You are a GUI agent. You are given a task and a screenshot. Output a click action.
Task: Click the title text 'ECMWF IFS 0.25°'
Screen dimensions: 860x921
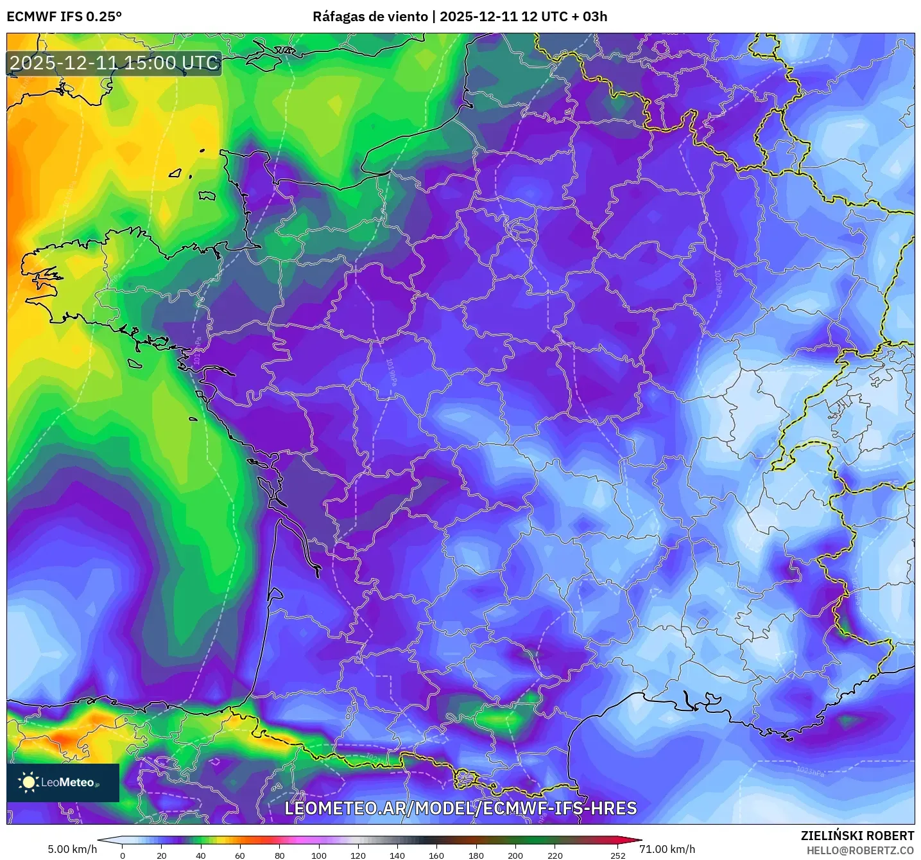coord(64,16)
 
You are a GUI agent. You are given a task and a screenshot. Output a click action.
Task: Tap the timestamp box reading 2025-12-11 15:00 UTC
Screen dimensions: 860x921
coord(114,63)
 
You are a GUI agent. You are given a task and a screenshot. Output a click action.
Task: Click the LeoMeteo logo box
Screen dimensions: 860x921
coord(63,782)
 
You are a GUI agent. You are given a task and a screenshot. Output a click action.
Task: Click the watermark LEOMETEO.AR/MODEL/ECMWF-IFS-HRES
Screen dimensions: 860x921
coord(460,808)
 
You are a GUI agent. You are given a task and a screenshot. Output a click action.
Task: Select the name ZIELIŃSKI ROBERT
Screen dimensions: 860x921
coord(857,836)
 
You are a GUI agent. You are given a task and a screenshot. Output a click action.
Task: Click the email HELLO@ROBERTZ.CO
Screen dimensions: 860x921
coord(860,850)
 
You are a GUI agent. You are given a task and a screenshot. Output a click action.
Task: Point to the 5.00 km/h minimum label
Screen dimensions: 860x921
coord(72,849)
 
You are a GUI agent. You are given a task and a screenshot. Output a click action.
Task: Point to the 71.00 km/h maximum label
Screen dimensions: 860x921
coord(667,849)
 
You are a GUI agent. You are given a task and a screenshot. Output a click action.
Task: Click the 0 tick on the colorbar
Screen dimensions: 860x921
coord(123,855)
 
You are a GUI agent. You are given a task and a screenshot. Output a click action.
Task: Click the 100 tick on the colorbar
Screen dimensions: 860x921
coord(319,855)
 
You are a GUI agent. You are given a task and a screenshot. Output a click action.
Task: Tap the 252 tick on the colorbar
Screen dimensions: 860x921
coord(617,855)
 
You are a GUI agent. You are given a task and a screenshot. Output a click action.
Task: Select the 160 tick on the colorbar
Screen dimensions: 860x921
coord(436,855)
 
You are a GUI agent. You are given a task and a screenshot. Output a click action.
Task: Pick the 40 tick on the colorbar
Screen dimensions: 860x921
coord(201,855)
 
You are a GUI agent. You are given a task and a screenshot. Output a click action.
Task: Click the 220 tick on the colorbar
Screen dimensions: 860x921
coord(555,855)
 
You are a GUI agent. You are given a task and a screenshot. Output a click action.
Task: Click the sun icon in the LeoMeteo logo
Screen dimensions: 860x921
coord(29,782)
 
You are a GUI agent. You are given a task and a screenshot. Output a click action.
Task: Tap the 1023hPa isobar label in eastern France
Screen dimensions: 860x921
coord(718,283)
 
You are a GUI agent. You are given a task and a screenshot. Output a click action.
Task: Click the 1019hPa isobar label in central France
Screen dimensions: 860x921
coord(390,373)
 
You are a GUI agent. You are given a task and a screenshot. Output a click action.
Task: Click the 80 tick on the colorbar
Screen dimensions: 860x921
coord(280,855)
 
